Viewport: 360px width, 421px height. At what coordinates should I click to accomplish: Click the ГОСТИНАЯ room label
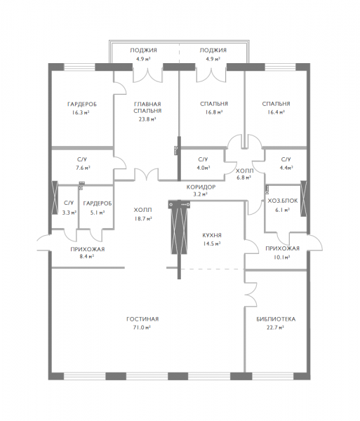coord(142,319)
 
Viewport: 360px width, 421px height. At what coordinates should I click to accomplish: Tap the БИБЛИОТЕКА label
coord(276,319)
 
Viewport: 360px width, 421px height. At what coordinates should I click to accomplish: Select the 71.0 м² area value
coord(142,328)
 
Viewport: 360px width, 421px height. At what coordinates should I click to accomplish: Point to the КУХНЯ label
coord(212,235)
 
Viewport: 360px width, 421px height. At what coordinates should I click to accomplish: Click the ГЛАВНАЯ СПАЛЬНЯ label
coord(147,107)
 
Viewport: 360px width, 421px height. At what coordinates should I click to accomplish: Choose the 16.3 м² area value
coord(81,113)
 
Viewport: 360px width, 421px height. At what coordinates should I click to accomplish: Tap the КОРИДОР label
coord(201,187)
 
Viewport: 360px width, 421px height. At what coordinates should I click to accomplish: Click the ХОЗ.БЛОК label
coord(283,201)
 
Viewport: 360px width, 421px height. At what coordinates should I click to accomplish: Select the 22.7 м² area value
coord(276,328)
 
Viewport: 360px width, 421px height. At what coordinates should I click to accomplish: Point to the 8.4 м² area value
coord(86,256)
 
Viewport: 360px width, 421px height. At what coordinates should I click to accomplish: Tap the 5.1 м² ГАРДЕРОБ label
coord(97,203)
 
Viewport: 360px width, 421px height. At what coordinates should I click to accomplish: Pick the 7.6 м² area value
coord(83,168)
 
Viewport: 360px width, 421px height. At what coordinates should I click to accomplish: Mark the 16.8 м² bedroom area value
coord(214,112)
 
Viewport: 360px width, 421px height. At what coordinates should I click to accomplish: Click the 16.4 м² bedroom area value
coord(276,112)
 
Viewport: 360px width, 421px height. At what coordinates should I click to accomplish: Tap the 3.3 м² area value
coord(69,213)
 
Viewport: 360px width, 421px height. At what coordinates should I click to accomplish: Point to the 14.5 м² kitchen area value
coord(212,243)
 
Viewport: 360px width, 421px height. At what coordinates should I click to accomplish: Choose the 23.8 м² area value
coord(147,119)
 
